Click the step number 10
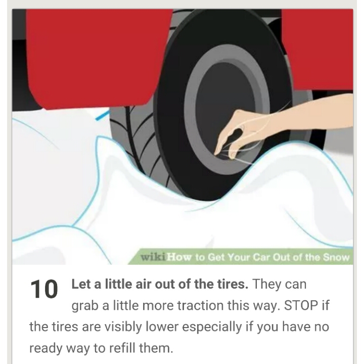(x=44, y=289)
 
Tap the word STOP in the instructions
(x=301, y=305)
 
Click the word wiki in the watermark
(x=153, y=257)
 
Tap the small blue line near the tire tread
(x=102, y=115)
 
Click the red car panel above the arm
(x=318, y=49)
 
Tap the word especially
(x=212, y=327)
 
